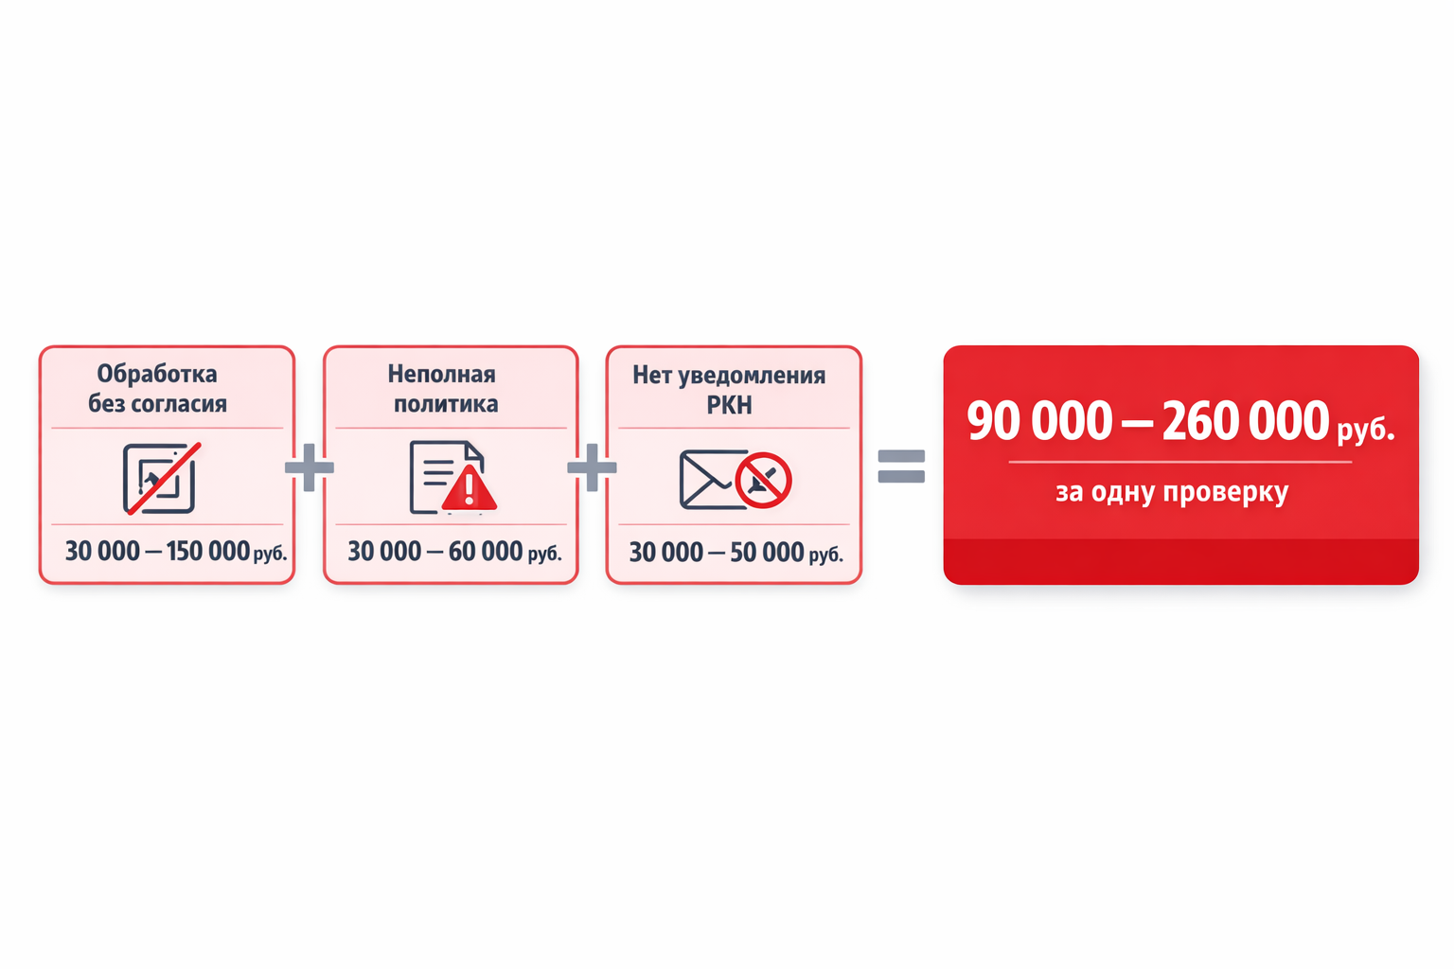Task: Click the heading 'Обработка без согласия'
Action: [x=158, y=389]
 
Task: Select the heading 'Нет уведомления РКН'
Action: [x=729, y=390]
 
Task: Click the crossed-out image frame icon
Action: [x=161, y=479]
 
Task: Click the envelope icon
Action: [x=713, y=480]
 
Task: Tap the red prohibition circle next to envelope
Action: [x=763, y=481]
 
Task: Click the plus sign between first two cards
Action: [x=309, y=467]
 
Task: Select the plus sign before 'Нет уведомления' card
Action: [x=592, y=467]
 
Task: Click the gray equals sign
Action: [x=901, y=467]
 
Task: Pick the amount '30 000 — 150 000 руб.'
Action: [x=176, y=552]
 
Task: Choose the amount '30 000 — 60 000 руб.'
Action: [x=454, y=552]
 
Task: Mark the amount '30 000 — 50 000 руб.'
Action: [x=736, y=553]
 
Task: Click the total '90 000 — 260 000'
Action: [x=1147, y=420]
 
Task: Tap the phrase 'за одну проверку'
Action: [x=1172, y=492]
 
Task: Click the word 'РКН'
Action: [x=730, y=405]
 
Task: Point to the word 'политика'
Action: [x=446, y=404]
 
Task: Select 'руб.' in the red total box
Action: [x=1366, y=430]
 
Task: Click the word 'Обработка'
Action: [x=157, y=374]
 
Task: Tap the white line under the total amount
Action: [x=1180, y=462]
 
